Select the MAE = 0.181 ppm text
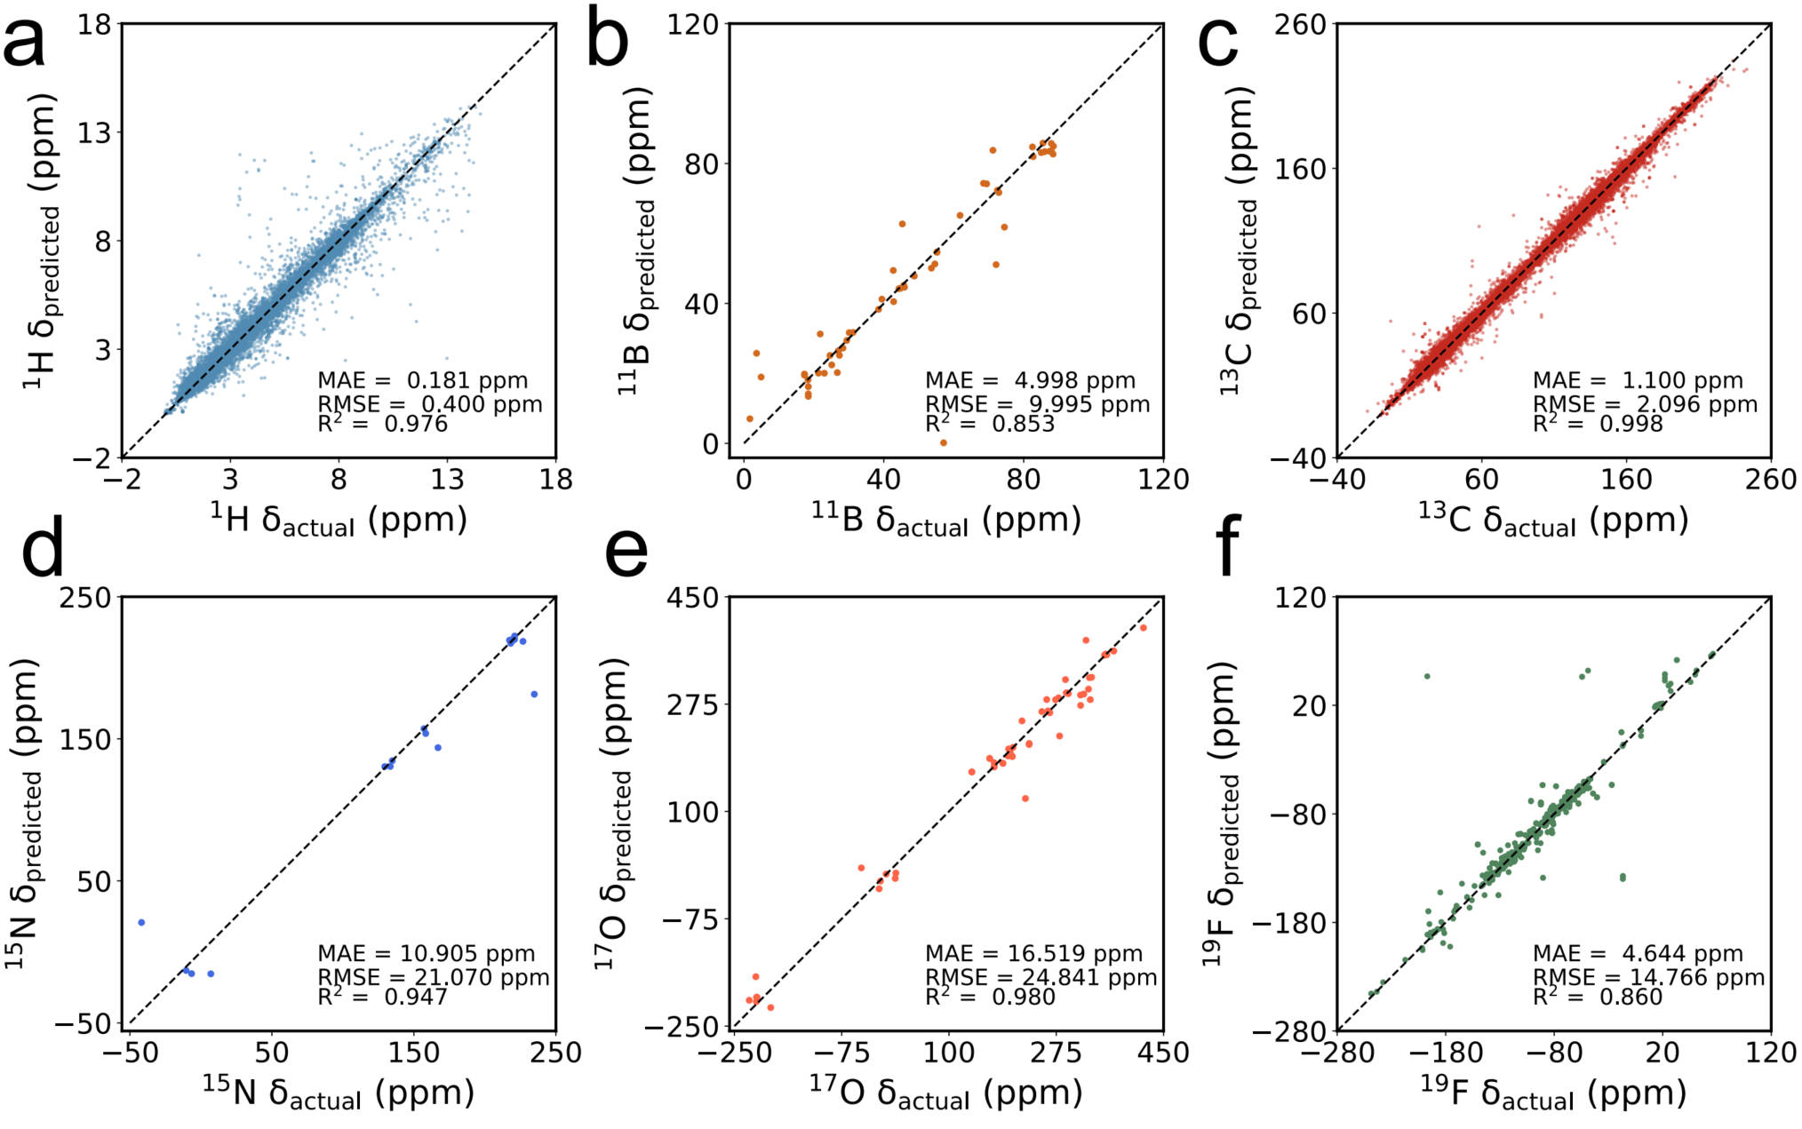(x=422, y=380)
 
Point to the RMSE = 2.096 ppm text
(x=1645, y=404)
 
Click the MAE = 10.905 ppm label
(x=426, y=953)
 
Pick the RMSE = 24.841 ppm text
(x=1041, y=977)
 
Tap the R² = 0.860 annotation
(x=1597, y=997)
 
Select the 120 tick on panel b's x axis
(x=1162, y=480)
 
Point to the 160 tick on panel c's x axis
(x=1626, y=480)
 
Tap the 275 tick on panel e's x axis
(x=1056, y=1053)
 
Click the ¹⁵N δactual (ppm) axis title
(x=338, y=1092)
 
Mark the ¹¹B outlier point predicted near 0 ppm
(x=943, y=442)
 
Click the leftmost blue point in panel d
(x=141, y=923)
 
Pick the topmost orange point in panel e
(x=1144, y=628)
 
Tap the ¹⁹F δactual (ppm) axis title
(x=1552, y=1092)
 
